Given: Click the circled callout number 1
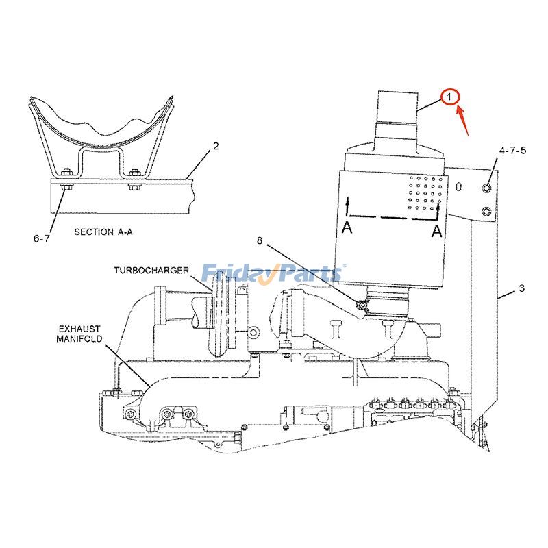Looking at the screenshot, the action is point(449,98).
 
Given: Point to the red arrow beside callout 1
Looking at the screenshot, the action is point(464,117).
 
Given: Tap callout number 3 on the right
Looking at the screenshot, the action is point(521,288).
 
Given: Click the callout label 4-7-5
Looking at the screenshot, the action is point(512,150).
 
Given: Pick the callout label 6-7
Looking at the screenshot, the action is point(42,238).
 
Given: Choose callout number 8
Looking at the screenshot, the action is point(260,240).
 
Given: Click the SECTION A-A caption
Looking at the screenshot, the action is point(103,232).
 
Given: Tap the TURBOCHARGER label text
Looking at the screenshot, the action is point(151,271).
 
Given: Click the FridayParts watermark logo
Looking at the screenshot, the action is point(274,274).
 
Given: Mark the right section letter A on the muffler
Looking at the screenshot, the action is point(436,232).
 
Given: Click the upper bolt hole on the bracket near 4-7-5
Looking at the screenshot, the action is point(486,188).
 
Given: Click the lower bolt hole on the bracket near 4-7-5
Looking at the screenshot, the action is point(486,210).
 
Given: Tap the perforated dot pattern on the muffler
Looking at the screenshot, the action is point(425,192).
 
